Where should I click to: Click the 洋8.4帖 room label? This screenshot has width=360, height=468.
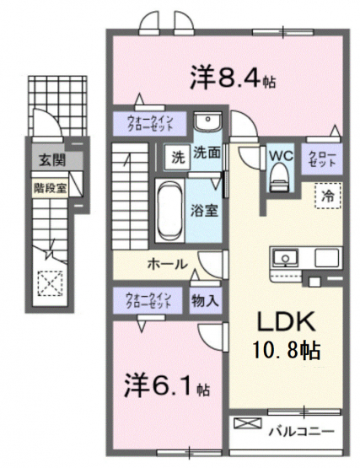pos(233,78)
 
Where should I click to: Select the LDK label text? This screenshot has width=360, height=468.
pos(286,321)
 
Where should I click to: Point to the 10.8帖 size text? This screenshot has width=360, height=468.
pos(287,350)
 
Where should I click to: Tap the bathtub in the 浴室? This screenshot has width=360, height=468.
pos(170,210)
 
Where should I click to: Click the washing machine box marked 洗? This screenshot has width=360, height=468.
pos(177,158)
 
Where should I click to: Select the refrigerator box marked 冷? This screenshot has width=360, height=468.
pos(327,196)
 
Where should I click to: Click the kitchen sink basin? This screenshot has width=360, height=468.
pos(286,257)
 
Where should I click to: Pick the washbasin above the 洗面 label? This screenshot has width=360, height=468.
pos(208,121)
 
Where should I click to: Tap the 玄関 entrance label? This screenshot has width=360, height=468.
pos(52,161)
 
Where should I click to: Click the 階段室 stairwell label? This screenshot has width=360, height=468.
pos(50,188)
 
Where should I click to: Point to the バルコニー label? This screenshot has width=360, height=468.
pos(301,432)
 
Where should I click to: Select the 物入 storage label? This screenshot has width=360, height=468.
pos(206,300)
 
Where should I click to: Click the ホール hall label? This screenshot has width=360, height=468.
pos(168,264)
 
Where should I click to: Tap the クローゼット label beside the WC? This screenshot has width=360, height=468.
pos(322,159)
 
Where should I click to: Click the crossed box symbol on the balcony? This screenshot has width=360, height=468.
pos(248,423)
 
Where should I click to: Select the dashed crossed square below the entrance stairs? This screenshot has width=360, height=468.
pos(50,283)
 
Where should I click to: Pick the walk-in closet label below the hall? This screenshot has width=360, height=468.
pos(148,300)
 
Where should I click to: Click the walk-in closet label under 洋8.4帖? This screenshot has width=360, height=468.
pos(150,123)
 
